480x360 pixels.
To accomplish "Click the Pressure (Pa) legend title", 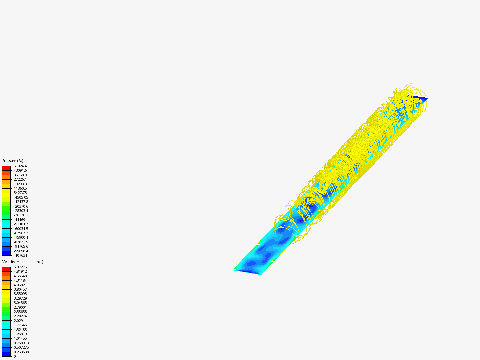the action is pyautogui.click(x=13, y=161).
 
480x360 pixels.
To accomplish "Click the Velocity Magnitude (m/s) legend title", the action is pyautogui.click(x=23, y=262).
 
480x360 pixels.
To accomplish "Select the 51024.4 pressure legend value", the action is pyautogui.click(x=20, y=166).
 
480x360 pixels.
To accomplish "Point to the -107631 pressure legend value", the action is pyautogui.click(x=21, y=255).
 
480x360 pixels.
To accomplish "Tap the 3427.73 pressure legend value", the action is pyautogui.click(x=20, y=193).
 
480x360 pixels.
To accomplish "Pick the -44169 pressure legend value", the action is pyautogui.click(x=19, y=220).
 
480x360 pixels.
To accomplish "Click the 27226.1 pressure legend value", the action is pyautogui.click(x=20, y=179).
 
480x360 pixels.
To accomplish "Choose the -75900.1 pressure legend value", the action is pyautogui.click(x=21, y=237).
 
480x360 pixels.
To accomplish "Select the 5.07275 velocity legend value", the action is pyautogui.click(x=20, y=267).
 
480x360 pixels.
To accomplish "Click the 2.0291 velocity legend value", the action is pyautogui.click(x=19, y=321).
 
